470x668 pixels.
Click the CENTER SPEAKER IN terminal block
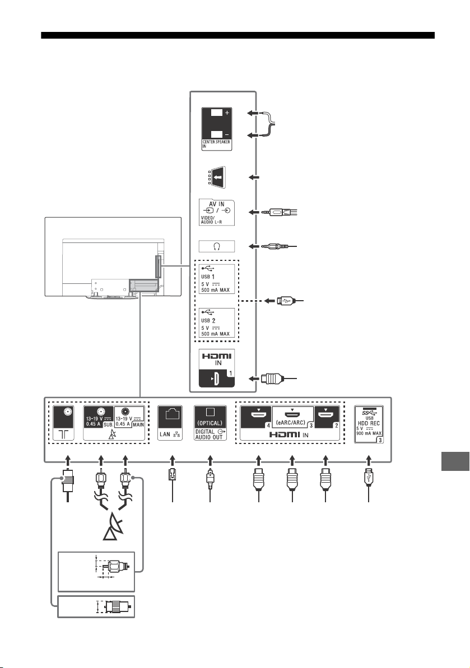[x=216, y=129]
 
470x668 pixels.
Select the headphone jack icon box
[x=216, y=246]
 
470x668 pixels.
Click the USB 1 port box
[x=216, y=279]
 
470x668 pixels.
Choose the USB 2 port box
[x=216, y=323]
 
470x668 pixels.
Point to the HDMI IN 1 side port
[x=216, y=368]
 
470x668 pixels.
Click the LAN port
[x=170, y=423]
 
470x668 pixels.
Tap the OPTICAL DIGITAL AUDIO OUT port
[x=210, y=423]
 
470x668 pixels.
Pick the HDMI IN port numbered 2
[x=327, y=417]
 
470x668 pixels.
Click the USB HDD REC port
[x=369, y=424]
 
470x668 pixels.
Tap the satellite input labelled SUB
[x=99, y=417]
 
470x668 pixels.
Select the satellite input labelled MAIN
[x=129, y=417]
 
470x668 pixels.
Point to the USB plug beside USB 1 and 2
[x=284, y=301]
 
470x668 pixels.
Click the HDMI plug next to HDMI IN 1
[x=272, y=379]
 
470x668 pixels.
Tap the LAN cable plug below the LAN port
[x=172, y=474]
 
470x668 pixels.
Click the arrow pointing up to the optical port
[x=210, y=460]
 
